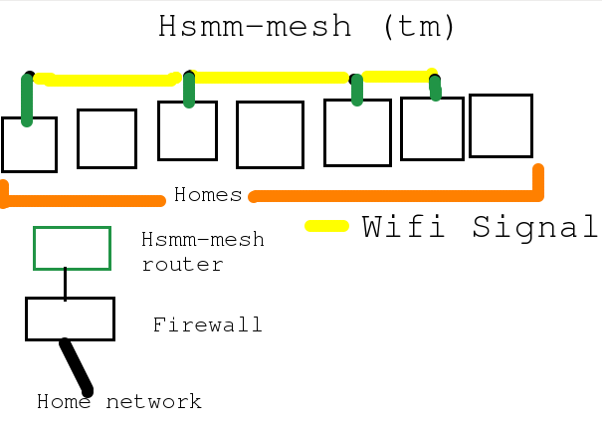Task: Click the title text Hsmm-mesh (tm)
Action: click(306, 27)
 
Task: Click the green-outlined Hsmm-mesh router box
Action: click(72, 248)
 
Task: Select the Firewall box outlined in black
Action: click(70, 319)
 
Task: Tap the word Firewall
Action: click(207, 325)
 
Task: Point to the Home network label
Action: click(119, 402)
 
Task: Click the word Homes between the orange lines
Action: click(208, 195)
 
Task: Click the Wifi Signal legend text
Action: click(481, 227)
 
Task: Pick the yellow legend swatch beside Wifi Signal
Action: click(326, 226)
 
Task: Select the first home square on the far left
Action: click(29, 144)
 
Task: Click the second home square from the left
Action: click(106, 138)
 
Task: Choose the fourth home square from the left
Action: click(270, 134)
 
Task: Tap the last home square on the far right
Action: click(501, 125)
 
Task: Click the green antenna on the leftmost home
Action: click(28, 100)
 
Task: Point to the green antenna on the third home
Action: click(189, 89)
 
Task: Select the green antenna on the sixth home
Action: click(435, 88)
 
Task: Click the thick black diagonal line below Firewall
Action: click(77, 366)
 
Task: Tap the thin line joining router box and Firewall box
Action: click(66, 284)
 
